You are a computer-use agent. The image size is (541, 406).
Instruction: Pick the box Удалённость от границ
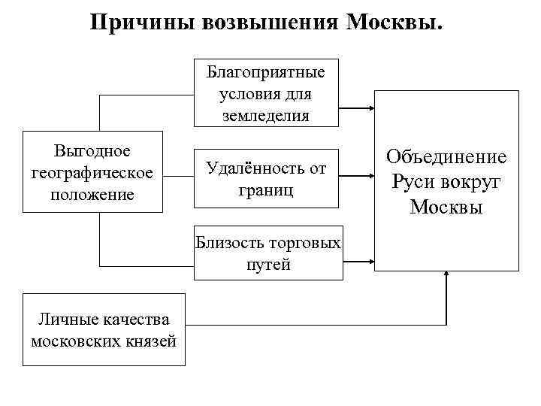[x=265, y=179]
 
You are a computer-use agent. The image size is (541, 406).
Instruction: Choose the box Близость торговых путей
[x=268, y=253]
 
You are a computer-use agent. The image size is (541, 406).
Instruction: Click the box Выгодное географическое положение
[x=93, y=173]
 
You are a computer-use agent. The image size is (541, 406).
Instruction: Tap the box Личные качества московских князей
[x=104, y=329]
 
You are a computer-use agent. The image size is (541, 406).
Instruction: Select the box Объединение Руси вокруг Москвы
[x=446, y=181]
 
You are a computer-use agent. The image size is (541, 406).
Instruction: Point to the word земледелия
[x=265, y=115]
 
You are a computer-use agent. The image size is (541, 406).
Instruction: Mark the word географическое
[x=93, y=174]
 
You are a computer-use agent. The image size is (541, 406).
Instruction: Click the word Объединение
[x=446, y=156]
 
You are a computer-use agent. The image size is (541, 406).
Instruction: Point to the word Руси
[x=413, y=181]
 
